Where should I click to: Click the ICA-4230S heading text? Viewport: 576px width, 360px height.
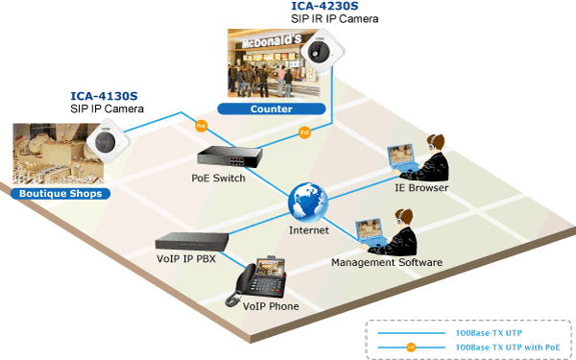pyautogui.click(x=324, y=6)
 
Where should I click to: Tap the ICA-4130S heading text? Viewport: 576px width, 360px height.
pyautogui.click(x=104, y=96)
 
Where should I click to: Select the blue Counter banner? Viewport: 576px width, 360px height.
pyautogui.click(x=272, y=108)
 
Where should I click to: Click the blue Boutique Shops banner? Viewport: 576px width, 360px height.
pyautogui.click(x=60, y=194)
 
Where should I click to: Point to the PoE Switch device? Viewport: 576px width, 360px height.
pyautogui.click(x=229, y=156)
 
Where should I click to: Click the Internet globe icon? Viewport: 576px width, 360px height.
pyautogui.click(x=308, y=203)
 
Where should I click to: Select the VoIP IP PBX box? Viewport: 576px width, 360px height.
pyautogui.click(x=192, y=242)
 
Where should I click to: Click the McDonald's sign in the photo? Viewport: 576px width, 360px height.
pyautogui.click(x=272, y=41)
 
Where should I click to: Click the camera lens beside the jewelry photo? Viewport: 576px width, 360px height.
pyautogui.click(x=105, y=142)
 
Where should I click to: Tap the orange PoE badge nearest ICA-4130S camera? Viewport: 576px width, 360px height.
pyautogui.click(x=201, y=126)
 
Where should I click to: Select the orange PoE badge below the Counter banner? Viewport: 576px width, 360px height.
pyautogui.click(x=304, y=132)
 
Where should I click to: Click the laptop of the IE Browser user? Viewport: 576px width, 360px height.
pyautogui.click(x=401, y=158)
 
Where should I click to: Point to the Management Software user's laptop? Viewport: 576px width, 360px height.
pyautogui.click(x=371, y=234)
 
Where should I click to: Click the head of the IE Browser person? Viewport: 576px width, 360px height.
pyautogui.click(x=436, y=144)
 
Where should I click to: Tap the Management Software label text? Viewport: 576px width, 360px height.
pyautogui.click(x=387, y=262)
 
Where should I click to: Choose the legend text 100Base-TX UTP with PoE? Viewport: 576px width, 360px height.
pyautogui.click(x=508, y=348)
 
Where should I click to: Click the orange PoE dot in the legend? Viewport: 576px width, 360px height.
pyautogui.click(x=411, y=348)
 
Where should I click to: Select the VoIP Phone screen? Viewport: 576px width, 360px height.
pyautogui.click(x=271, y=268)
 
